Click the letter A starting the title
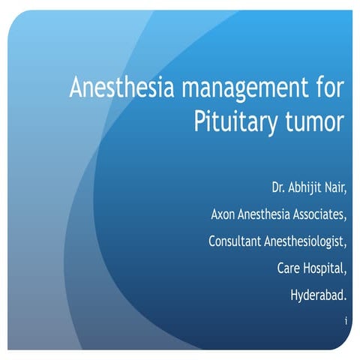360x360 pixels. pyautogui.click(x=76, y=88)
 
